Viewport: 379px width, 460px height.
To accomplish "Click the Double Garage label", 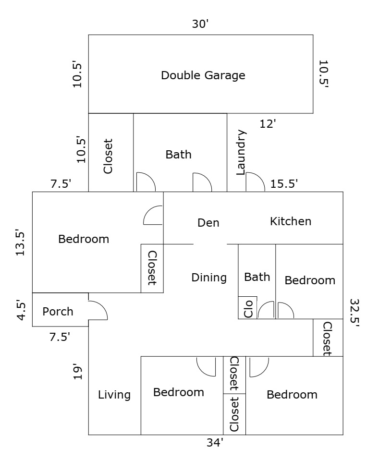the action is [203, 75].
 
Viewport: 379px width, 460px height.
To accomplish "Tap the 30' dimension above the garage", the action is [200, 24].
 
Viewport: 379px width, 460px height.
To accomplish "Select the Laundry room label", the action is [241, 153].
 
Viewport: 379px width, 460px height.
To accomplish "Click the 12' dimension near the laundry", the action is [268, 124].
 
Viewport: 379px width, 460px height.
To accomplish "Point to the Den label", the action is [208, 223].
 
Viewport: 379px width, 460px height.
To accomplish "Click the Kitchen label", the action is [291, 221].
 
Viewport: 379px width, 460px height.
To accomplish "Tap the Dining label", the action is [209, 278].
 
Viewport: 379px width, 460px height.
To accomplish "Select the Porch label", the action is [58, 312].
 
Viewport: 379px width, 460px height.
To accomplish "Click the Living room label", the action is [114, 395].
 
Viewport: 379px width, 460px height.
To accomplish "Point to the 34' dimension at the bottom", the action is [215, 442].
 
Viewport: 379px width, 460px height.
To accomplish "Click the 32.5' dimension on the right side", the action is [355, 313].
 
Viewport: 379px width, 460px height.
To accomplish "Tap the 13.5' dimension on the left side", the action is [20, 242].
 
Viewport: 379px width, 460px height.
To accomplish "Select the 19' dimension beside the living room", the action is [78, 372].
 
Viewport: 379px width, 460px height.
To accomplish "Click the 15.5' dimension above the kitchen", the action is [284, 184].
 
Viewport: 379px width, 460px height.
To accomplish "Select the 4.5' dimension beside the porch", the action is [21, 310].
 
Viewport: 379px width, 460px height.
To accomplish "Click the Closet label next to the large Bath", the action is [108, 157].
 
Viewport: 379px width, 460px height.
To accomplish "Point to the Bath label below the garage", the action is [179, 155].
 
